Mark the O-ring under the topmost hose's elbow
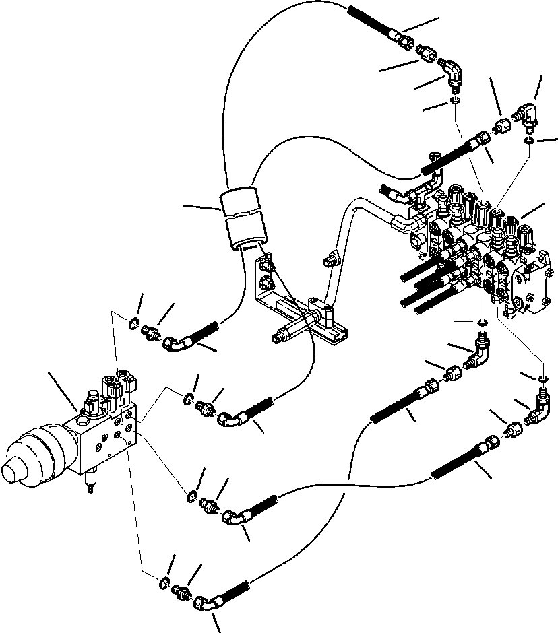(x=456, y=102)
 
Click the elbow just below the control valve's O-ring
(x=479, y=351)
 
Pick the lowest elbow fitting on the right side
(x=540, y=410)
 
